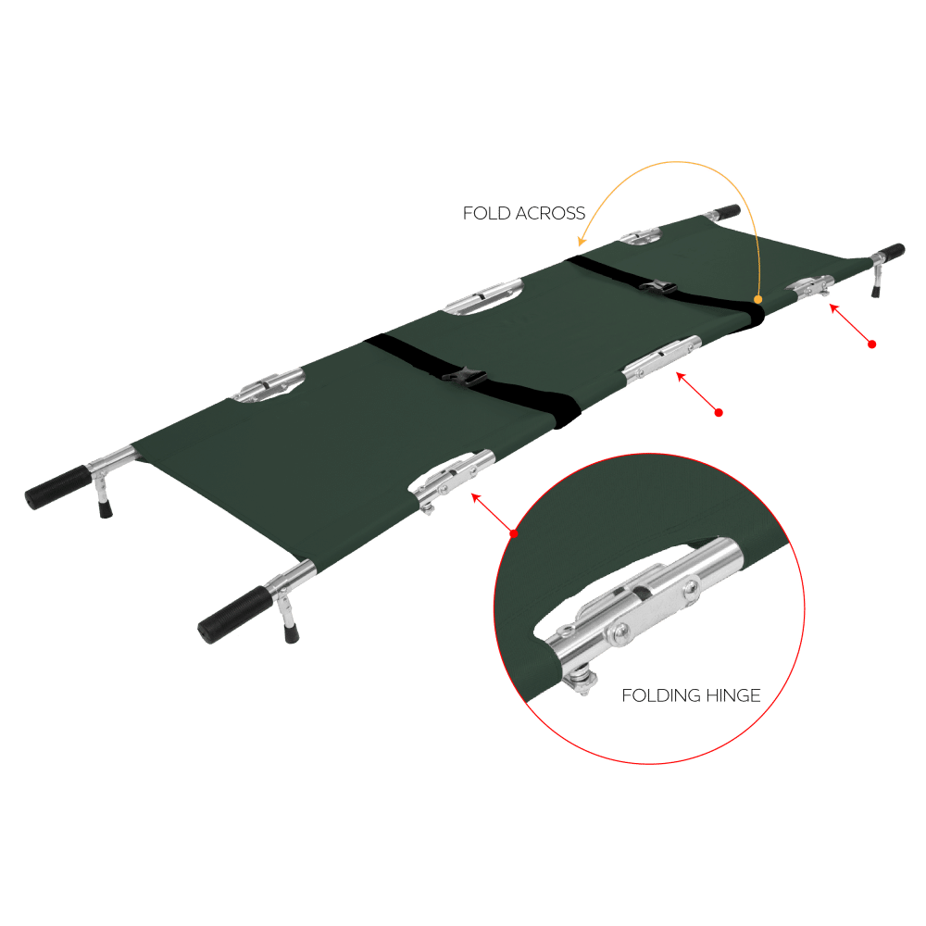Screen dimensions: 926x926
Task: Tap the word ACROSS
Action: (x=550, y=213)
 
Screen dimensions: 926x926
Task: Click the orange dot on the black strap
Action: (x=757, y=299)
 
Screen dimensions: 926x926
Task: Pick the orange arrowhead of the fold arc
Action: (x=582, y=241)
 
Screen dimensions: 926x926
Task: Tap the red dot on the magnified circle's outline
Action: (x=514, y=533)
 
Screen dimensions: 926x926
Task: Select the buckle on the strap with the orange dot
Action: (x=657, y=288)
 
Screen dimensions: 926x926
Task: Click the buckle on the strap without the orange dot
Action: (x=464, y=376)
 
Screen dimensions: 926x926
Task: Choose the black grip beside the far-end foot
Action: (x=891, y=252)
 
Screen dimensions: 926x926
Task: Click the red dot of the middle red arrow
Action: (x=719, y=412)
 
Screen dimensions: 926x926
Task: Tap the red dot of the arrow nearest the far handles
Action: (x=871, y=344)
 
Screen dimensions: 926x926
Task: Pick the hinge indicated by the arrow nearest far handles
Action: (x=811, y=287)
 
